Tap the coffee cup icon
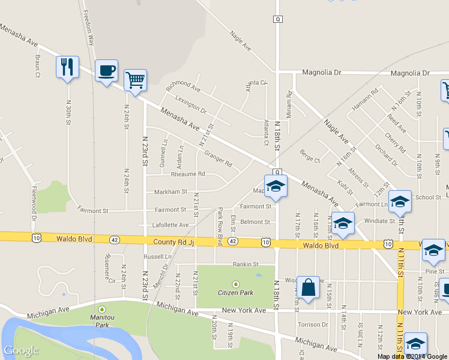[x=106, y=71]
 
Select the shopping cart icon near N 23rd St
[x=135, y=80]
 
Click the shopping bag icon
[x=308, y=287]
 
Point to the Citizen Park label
[x=235, y=293]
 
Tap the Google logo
[x=21, y=351]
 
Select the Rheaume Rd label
[x=188, y=174]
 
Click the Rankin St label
[x=245, y=263]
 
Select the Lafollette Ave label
[x=172, y=225]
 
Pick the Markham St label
[x=171, y=192]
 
